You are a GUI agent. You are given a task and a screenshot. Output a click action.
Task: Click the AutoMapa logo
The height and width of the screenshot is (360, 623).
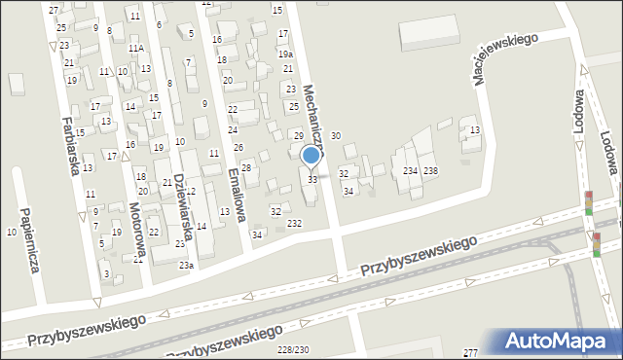[561, 341]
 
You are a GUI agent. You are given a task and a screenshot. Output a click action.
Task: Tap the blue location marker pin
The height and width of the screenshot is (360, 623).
[311, 157]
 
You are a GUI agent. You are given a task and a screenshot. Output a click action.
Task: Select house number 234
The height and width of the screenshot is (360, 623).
[411, 171]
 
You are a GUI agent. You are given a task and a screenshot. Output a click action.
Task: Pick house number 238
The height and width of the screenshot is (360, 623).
[430, 171]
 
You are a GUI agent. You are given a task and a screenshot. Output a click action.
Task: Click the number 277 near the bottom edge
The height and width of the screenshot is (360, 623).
[471, 351]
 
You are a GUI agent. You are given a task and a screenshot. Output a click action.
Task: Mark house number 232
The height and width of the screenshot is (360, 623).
[294, 224]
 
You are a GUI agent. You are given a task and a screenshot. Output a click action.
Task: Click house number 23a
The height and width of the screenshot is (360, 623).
[185, 265]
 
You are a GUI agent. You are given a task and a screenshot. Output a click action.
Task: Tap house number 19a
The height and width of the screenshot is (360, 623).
[285, 54]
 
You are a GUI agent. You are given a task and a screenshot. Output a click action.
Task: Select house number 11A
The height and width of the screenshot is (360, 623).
[135, 48]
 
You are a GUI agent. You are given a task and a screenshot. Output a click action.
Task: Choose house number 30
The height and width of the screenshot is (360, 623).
[336, 136]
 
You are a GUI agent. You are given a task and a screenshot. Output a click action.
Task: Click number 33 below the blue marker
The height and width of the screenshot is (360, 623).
[312, 180]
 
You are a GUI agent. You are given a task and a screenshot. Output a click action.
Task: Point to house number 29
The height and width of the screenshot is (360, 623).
[299, 135]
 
